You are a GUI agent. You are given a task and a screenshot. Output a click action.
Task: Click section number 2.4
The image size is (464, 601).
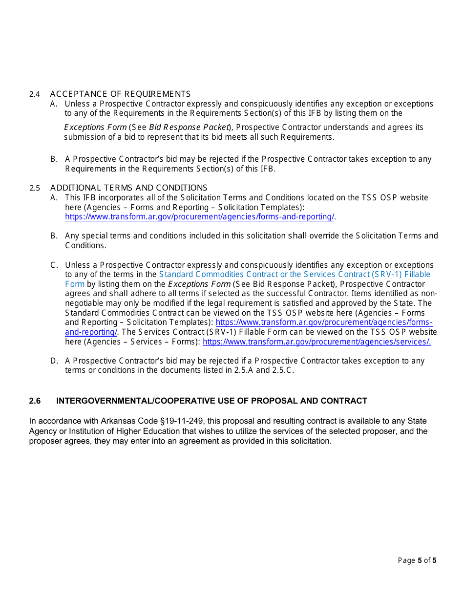34,94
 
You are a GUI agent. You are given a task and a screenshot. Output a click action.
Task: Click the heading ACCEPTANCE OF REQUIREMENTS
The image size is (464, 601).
120,94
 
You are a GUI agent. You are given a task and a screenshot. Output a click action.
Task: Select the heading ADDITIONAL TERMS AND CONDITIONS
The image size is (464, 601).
128,188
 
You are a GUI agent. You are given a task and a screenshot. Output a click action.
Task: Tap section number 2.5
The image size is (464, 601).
34,188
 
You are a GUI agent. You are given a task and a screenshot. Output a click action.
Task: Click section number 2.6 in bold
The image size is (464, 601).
35,401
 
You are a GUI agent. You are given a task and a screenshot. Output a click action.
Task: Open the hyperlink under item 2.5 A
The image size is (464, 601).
200,217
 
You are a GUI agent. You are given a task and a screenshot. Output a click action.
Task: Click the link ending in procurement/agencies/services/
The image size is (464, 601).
316,342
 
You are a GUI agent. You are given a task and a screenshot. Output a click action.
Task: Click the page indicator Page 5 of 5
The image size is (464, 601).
417,560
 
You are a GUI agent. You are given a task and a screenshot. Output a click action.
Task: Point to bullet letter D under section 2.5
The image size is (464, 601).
54,361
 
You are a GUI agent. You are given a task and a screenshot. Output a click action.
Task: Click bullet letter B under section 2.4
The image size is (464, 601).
54,159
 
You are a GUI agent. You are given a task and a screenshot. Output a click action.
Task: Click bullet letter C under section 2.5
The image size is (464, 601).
54,265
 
